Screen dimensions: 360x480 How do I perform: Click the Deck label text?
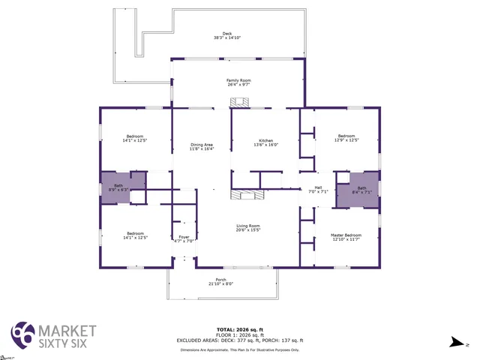(x=226, y=35)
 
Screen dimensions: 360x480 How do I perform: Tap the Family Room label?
(x=238, y=82)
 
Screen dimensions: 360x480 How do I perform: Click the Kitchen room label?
(x=265, y=142)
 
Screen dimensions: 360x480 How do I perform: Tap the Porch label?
(x=221, y=282)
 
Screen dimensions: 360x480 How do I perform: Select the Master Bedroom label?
(x=346, y=237)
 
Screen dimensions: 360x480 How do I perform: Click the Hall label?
(x=318, y=190)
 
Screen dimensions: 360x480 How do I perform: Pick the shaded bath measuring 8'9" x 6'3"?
(x=118, y=187)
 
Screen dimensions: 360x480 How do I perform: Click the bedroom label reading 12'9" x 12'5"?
(x=346, y=138)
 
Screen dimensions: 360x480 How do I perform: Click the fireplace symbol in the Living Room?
(x=247, y=196)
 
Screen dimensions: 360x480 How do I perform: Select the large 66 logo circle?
(x=22, y=334)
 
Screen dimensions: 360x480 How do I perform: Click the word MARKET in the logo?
(x=67, y=330)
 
